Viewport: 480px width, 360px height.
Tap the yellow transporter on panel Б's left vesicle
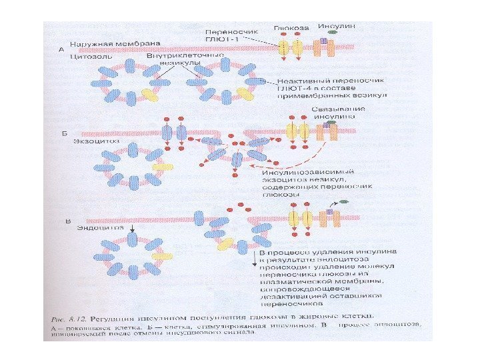(x=158, y=167)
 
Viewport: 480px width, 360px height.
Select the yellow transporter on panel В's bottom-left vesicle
(x=159, y=255)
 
